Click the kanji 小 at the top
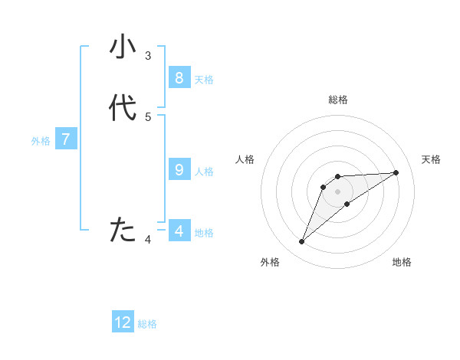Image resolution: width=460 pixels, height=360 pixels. [x=123, y=47]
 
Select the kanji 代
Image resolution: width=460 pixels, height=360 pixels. [x=123, y=108]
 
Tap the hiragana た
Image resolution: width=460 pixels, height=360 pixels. [x=123, y=230]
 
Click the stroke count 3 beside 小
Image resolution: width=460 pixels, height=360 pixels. [x=148, y=55]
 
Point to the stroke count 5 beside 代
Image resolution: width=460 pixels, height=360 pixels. [x=148, y=116]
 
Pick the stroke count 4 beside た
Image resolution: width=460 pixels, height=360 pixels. [x=148, y=240]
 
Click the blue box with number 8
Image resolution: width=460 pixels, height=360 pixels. [x=179, y=77]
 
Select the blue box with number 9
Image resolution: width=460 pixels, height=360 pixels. [x=179, y=169]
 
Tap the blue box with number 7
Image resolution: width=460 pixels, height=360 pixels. [x=66, y=139]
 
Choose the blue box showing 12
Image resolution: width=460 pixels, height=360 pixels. [x=123, y=322]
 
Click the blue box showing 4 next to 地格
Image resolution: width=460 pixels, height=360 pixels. [x=179, y=231]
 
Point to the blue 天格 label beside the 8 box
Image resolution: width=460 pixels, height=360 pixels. [x=204, y=80]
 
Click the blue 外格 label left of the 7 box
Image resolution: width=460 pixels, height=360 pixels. [x=41, y=141]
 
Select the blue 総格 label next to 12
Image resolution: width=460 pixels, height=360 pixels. [x=147, y=324]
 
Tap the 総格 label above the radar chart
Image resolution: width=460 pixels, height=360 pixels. [x=338, y=100]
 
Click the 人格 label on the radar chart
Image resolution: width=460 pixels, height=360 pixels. [x=245, y=159]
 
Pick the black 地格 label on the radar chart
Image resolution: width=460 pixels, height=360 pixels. [x=402, y=262]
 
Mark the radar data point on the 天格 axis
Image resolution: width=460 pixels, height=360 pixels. [x=396, y=172]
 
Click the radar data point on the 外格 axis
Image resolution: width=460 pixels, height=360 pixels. [x=302, y=242]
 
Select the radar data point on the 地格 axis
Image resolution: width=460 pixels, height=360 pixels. [x=347, y=204]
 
